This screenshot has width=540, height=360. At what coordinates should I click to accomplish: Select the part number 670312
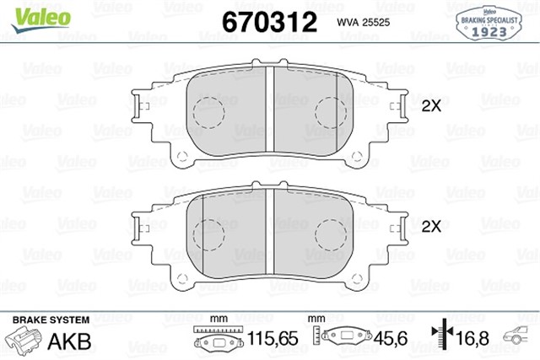(268, 21)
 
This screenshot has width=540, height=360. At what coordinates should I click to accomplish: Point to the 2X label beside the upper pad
(431, 106)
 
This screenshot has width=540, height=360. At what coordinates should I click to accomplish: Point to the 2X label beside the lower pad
(431, 226)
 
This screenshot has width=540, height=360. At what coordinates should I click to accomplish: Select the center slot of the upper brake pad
(271, 106)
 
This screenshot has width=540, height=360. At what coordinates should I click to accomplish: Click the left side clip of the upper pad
(138, 104)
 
